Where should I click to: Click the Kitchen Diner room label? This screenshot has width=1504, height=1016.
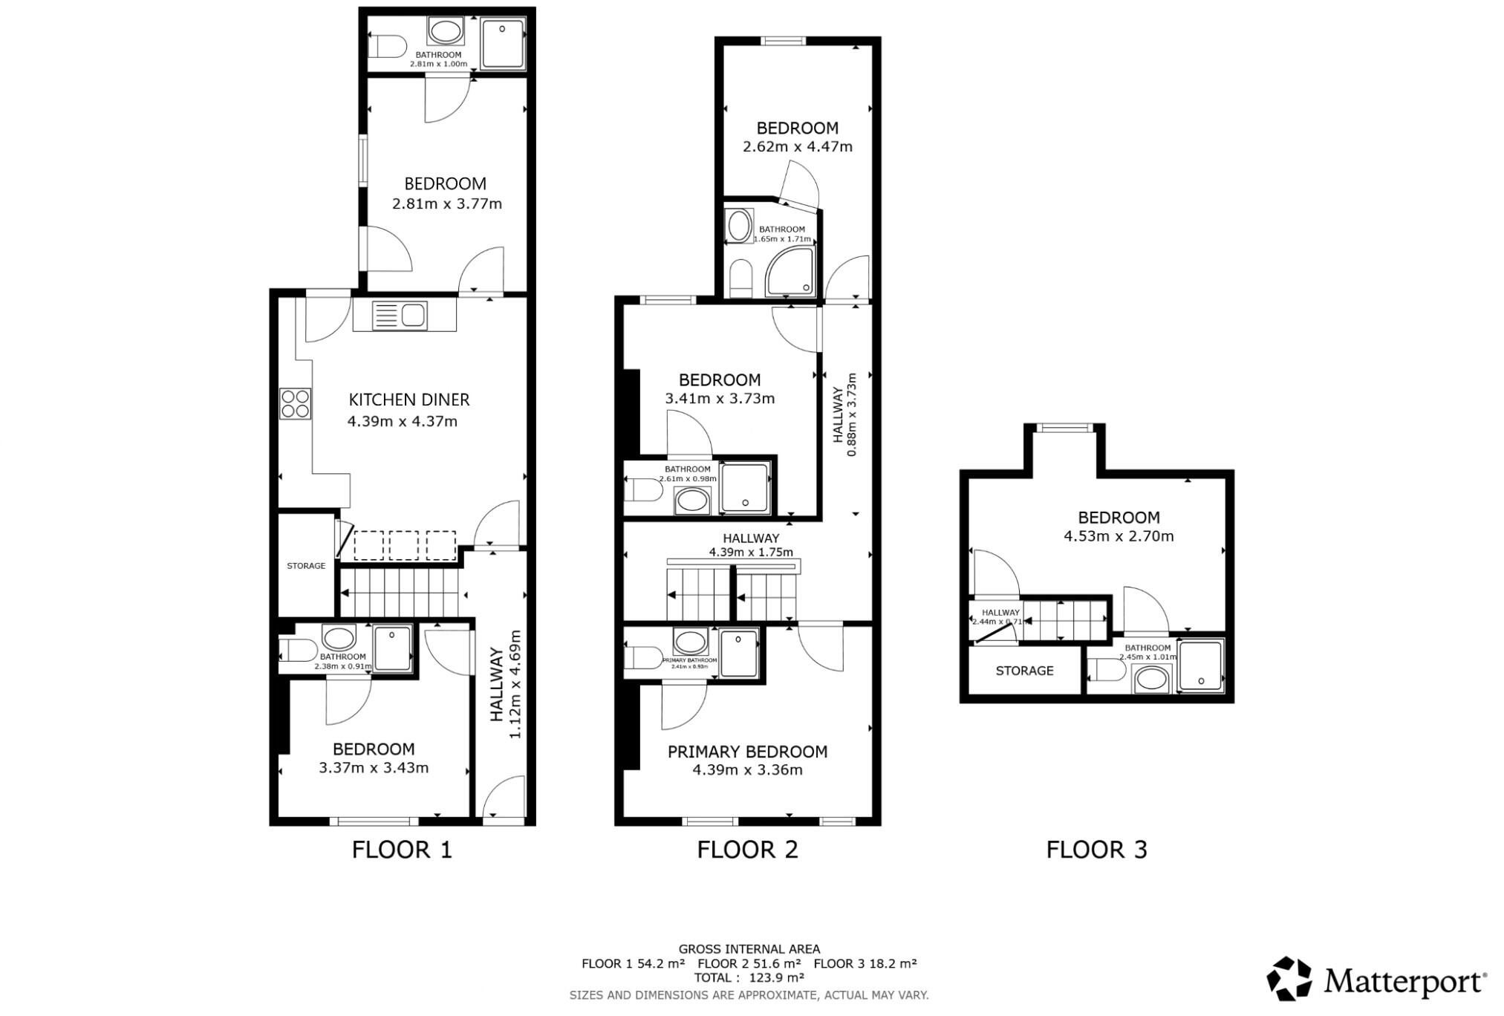[x=409, y=400]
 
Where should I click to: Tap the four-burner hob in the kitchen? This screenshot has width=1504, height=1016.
[x=295, y=404]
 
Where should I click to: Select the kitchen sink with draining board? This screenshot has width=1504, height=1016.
[x=400, y=315]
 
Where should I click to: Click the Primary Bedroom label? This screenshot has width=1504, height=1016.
[x=747, y=752]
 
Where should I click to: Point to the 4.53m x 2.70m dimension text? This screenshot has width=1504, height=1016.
[x=1119, y=536]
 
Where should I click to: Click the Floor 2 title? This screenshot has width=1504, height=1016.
[x=747, y=850]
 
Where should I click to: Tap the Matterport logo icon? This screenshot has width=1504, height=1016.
[x=1290, y=978]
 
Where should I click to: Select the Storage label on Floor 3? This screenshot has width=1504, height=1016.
[x=1024, y=671]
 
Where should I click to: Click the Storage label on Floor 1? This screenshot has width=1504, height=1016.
[x=306, y=566]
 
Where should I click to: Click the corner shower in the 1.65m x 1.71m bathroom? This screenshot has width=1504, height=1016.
[x=791, y=273]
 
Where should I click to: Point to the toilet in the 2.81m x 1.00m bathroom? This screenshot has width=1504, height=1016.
[x=388, y=48]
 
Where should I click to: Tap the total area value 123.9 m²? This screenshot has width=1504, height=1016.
[x=776, y=977]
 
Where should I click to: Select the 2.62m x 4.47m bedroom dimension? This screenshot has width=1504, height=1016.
[x=798, y=147]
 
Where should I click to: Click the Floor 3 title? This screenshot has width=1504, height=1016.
[x=1096, y=850]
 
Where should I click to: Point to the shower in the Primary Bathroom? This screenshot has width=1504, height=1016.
[x=738, y=653]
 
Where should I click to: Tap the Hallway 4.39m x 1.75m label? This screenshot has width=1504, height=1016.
[x=751, y=545]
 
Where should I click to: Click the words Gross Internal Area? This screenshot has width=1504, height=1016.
[x=749, y=949]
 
